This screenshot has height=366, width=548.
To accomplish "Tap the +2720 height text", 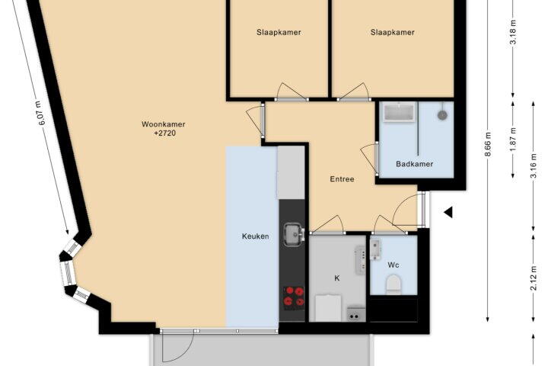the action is point(164,133).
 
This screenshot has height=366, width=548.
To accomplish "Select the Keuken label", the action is point(256,236).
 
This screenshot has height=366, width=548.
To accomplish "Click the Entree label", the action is point(342,179).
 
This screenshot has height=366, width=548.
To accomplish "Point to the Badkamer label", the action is point(415,164).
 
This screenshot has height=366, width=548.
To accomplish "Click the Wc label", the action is point(393,265).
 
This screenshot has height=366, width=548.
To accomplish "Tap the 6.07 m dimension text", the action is point(42,113).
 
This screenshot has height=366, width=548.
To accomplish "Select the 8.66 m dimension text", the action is point(488,144).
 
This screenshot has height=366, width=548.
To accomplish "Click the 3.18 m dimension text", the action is point(514,31).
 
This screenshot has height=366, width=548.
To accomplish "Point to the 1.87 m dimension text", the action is point(514,140).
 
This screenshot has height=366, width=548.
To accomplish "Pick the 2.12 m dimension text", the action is point(534,278).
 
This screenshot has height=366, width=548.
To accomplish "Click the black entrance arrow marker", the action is point(448,212).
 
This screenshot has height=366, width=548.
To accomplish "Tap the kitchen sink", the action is point(294,235).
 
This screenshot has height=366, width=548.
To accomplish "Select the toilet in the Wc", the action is point(393,284).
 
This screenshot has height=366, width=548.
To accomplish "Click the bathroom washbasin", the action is point(399,112).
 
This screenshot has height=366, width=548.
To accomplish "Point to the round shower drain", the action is point(443,115).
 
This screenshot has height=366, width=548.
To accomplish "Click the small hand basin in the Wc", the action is point(376,250).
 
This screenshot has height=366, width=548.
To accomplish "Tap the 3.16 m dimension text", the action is point(534,166).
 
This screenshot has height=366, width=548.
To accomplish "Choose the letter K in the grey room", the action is point(337,278).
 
